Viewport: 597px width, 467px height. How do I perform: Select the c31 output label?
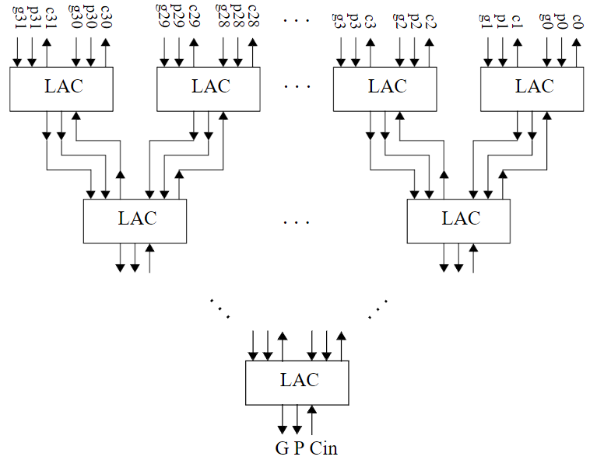pos(49,19)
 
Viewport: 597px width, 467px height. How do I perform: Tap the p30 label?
pos(91,19)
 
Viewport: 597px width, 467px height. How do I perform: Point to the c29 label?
pos(194,19)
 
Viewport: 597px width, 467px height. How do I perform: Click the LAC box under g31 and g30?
pos(61,87)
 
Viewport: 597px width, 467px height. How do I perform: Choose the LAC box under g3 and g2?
pos(384,87)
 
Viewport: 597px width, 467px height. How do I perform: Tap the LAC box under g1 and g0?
pos(532,87)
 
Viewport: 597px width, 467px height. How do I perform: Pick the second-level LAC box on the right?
pos(458,220)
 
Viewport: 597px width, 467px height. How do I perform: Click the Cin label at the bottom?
pos(324,448)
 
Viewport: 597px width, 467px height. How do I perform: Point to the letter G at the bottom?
pos(281,448)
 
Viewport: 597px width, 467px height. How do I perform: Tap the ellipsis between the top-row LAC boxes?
pos(297,87)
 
